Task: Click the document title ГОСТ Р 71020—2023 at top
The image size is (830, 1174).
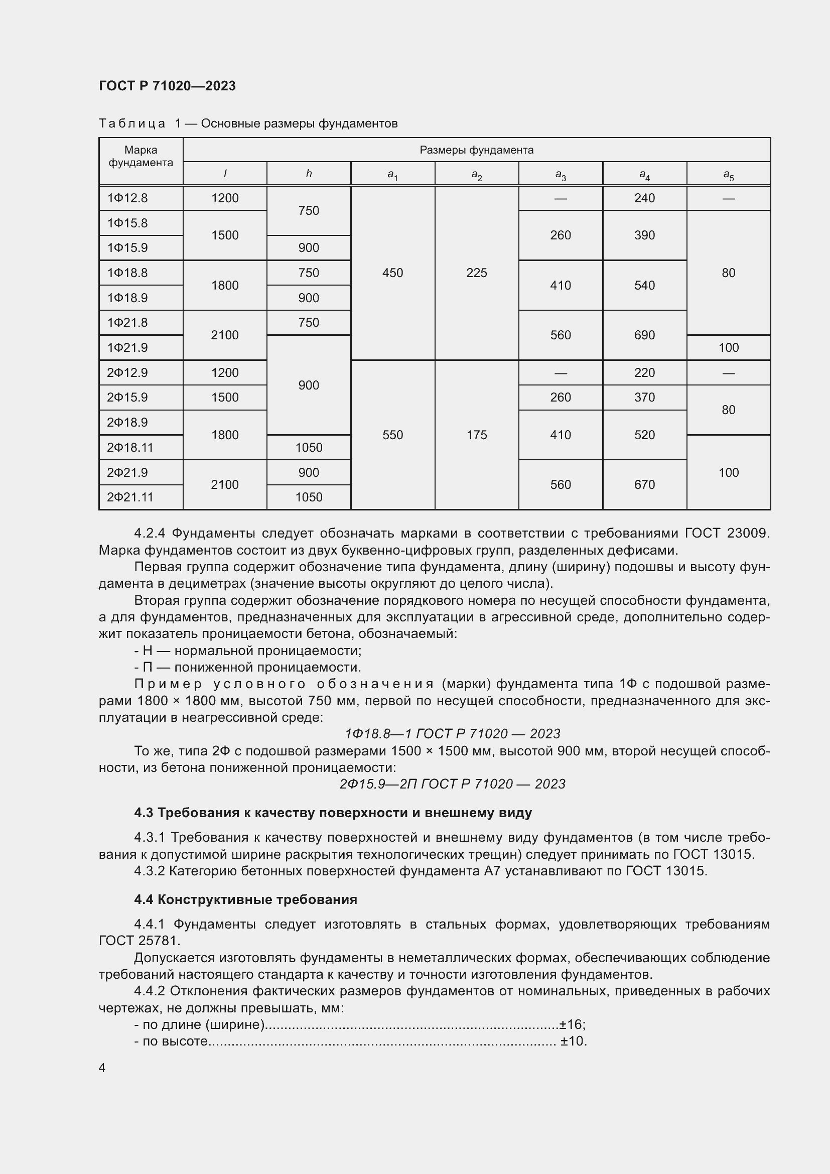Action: [x=167, y=86]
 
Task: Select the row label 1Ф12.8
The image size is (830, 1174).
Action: [x=127, y=198]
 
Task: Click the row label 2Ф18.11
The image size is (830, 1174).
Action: [x=130, y=447]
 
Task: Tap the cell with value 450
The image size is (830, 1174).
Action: [x=392, y=273]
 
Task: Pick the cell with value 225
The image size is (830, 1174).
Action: [x=476, y=273]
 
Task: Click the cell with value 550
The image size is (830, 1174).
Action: [x=392, y=435]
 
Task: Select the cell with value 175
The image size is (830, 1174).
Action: [x=476, y=435]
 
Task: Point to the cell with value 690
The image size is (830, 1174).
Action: [x=644, y=335]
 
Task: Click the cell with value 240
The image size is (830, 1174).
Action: [x=644, y=198]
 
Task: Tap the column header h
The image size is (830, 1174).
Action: [x=309, y=174]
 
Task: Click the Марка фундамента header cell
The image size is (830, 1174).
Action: [x=141, y=157]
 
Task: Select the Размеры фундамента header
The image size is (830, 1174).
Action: [x=476, y=150]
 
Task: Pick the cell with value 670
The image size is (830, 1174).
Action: [x=644, y=484]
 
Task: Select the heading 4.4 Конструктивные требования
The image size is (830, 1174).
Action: [x=245, y=899]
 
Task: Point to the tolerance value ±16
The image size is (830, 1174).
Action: [x=571, y=1024]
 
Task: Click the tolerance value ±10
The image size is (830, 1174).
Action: [x=573, y=1041]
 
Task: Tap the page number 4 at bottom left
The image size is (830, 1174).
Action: [x=102, y=1068]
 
